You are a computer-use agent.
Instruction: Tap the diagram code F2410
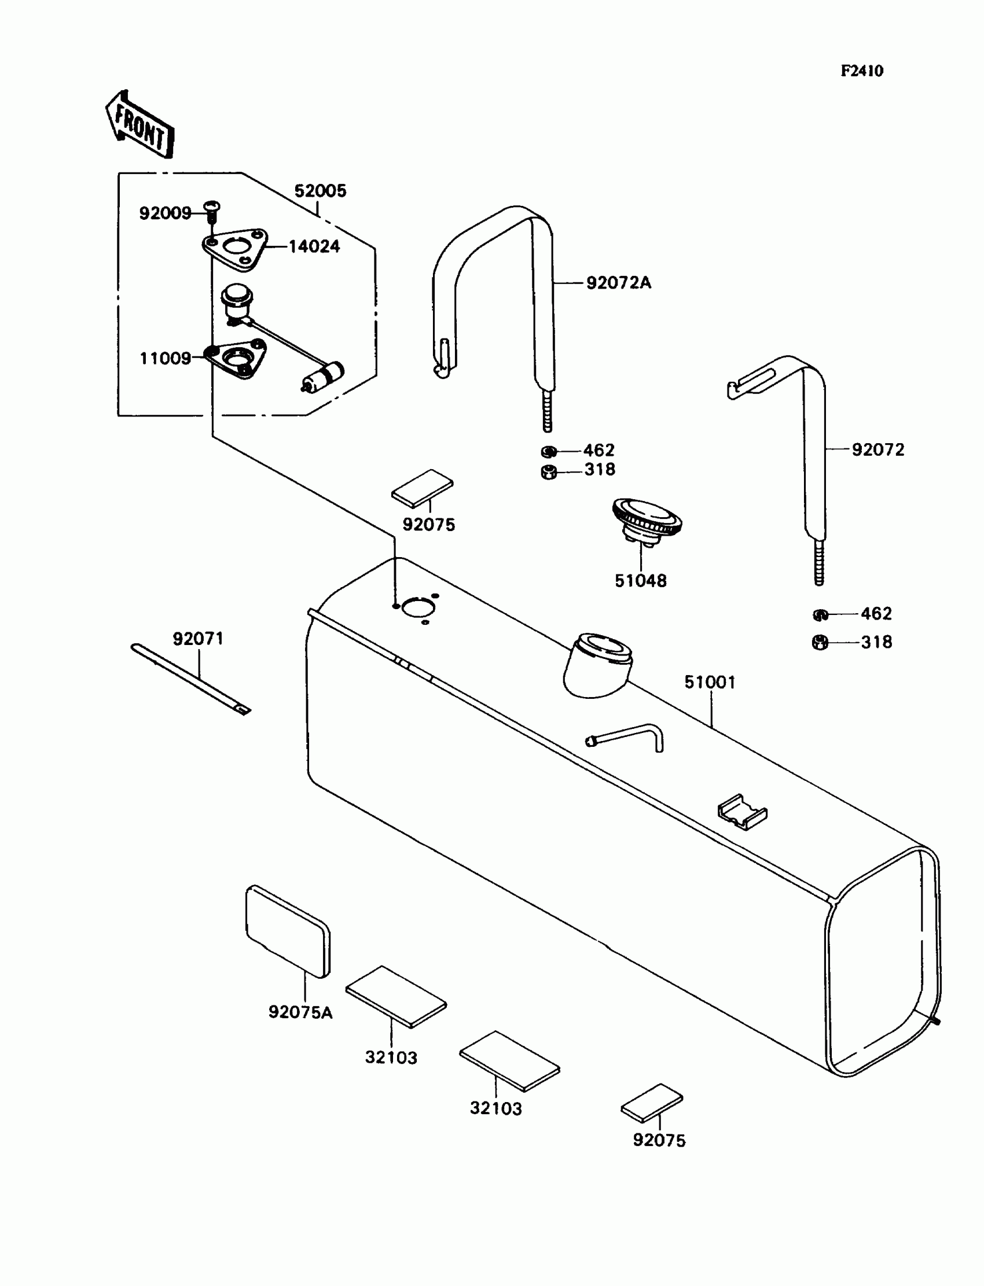click(862, 71)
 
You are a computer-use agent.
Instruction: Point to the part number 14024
click(314, 246)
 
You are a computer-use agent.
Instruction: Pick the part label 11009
click(165, 358)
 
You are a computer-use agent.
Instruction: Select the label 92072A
click(619, 283)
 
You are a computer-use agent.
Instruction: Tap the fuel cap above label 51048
click(647, 518)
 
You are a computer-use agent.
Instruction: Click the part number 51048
click(641, 581)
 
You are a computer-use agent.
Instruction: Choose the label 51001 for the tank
click(710, 682)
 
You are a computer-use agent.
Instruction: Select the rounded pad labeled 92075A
click(288, 931)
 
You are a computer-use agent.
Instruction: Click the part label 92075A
click(300, 1012)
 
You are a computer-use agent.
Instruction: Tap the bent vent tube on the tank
click(628, 736)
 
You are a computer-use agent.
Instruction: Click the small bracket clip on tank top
click(742, 811)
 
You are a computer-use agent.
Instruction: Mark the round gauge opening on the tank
click(416, 607)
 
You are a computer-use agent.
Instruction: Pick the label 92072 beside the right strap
click(877, 449)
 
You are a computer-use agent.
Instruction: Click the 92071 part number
click(198, 639)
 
